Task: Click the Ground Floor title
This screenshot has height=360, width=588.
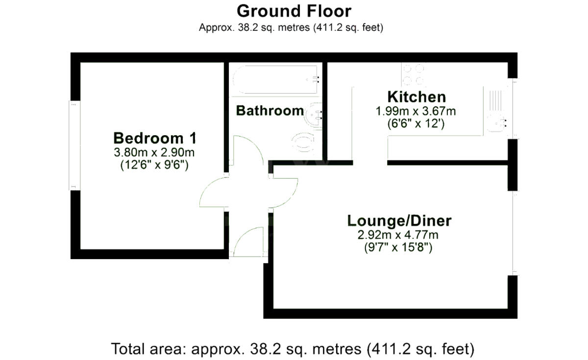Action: coord(294,11)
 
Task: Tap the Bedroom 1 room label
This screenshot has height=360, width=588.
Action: coord(154,137)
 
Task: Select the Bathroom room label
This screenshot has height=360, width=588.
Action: coord(269,111)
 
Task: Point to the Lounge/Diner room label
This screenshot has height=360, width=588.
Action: coord(399,221)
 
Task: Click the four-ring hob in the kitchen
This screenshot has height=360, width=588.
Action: coord(413,75)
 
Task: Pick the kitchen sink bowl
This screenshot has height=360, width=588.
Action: coord(498,122)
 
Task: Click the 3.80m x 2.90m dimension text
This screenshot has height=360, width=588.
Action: coord(154,152)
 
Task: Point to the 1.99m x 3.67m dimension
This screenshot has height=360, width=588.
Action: coord(416,111)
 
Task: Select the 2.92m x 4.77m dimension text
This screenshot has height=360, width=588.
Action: coord(399,235)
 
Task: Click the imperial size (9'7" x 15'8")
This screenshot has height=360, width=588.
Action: coord(399,248)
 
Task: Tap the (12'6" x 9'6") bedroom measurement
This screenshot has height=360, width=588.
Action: coord(154,165)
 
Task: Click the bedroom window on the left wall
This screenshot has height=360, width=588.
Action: coord(74,145)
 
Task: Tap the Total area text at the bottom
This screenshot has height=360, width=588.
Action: coord(294,349)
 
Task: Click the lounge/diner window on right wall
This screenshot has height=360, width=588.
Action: coord(513,233)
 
